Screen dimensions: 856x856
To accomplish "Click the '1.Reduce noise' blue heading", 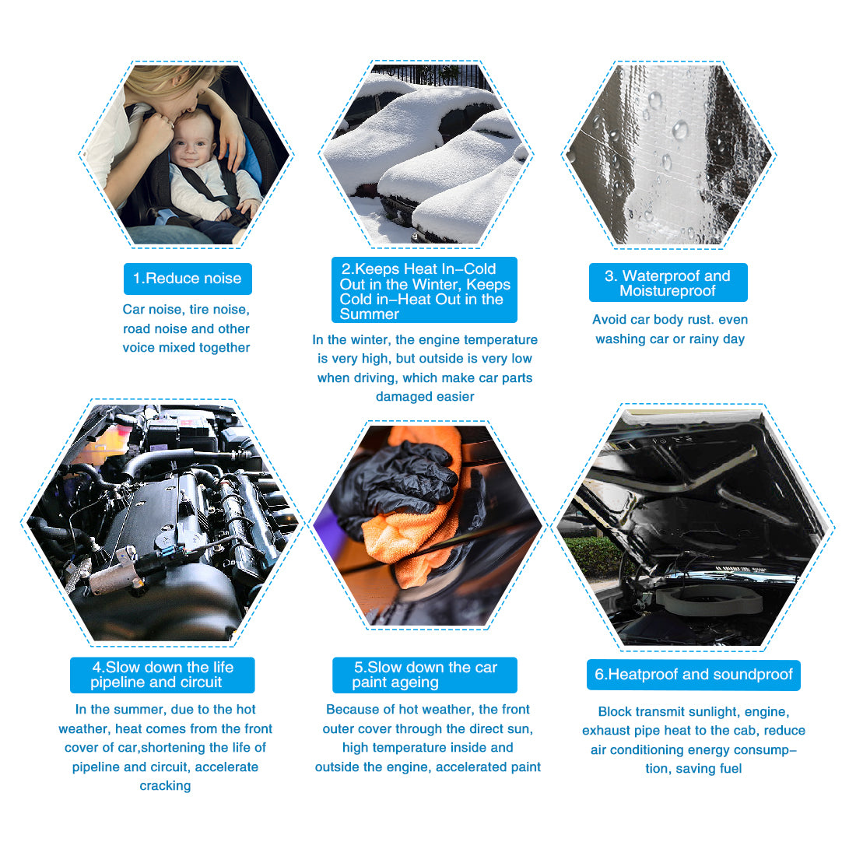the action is [188, 279].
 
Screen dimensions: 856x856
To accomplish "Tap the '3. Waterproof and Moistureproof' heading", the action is [668, 282].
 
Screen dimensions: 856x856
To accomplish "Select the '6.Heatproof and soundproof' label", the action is [693, 675].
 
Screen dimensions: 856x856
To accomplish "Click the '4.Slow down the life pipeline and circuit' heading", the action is [162, 675].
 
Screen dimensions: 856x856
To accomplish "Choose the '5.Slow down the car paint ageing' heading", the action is [425, 675].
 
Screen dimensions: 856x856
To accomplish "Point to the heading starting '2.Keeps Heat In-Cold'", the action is [424, 290].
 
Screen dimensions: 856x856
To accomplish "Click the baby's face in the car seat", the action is [191, 140].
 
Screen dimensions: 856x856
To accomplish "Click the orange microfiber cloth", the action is [415, 524].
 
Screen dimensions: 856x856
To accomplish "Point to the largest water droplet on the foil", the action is [680, 130].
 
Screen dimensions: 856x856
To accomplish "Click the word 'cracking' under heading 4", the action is [166, 786].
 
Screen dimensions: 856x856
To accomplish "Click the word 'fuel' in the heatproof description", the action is [731, 769].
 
